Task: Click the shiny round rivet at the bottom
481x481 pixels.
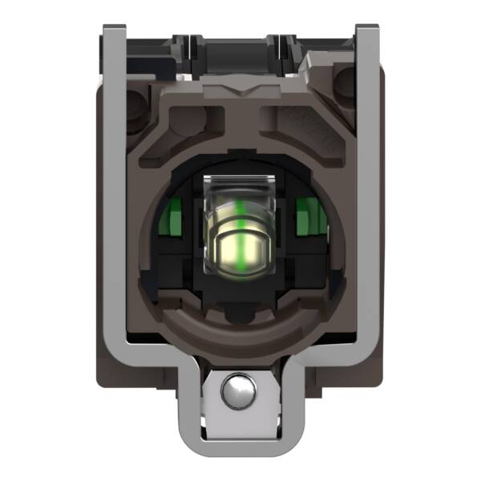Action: [x=240, y=390]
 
